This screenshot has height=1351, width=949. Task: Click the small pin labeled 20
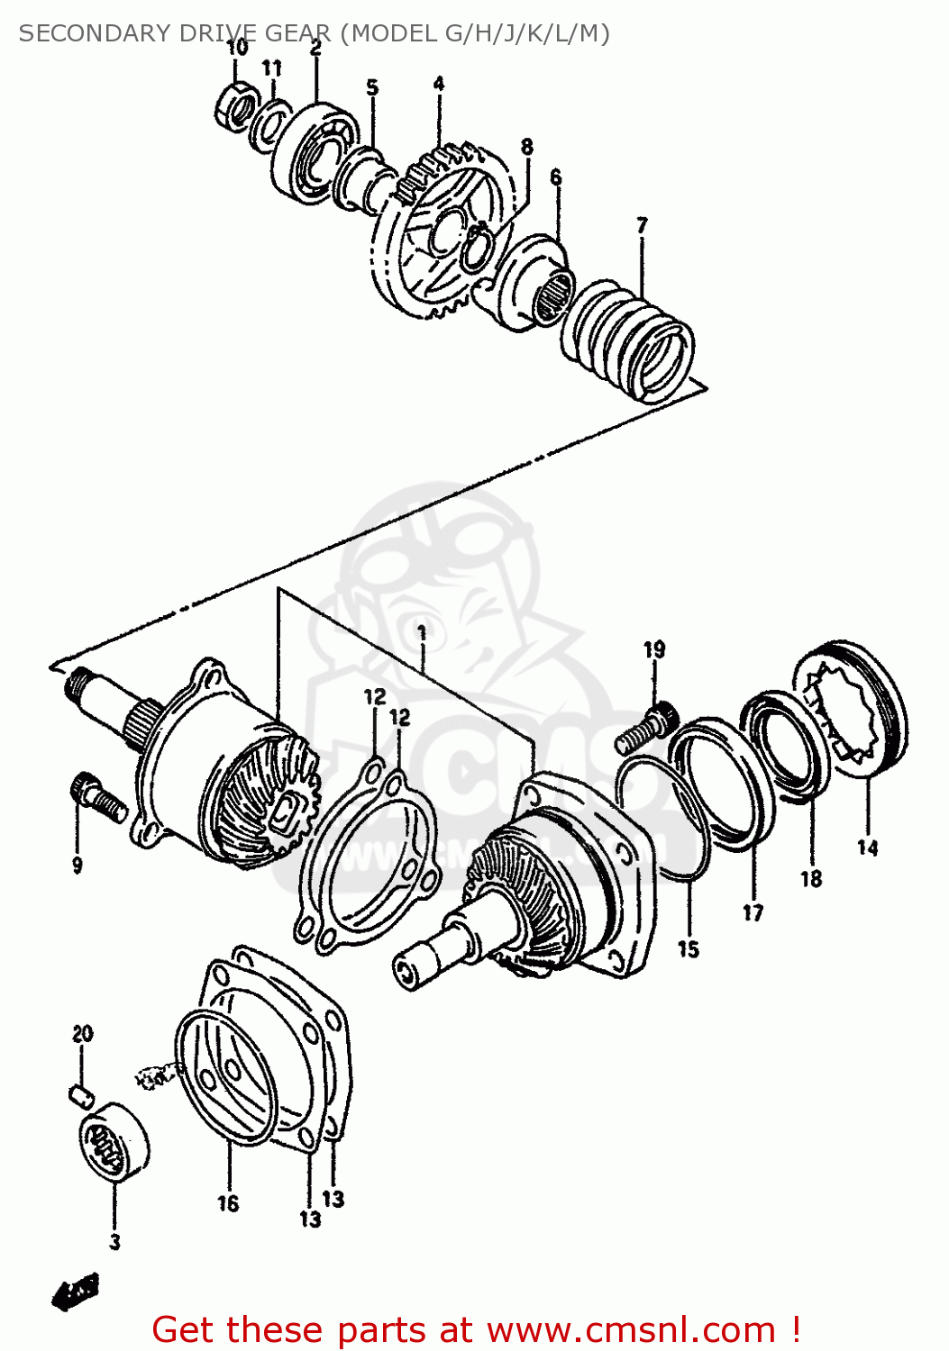pos(81,1094)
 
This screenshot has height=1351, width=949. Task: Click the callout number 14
pos(867,848)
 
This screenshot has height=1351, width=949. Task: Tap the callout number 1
pos(422,632)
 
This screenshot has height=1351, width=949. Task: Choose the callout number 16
pos(228,1203)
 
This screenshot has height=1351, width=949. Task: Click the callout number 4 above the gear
pos(438,84)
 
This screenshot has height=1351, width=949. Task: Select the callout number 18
pos(811,878)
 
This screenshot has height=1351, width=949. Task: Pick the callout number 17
pos(753,912)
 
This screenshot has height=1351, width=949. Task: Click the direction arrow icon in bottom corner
pos(75,1293)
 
